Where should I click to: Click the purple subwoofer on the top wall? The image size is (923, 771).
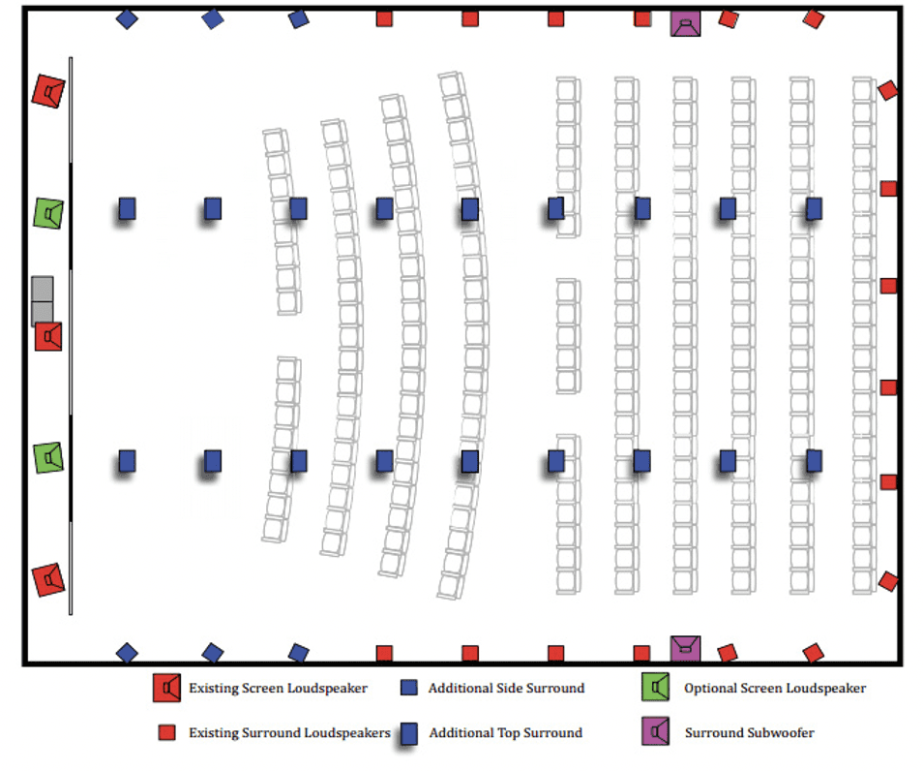click(685, 24)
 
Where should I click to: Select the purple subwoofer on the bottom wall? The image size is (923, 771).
click(685, 648)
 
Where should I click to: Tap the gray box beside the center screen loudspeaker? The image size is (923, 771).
click(42, 300)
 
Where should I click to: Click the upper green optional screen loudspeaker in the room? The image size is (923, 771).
click(48, 213)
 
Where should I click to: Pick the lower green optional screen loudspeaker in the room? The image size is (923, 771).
click(48, 457)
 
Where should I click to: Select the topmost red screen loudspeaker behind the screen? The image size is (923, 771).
click(47, 91)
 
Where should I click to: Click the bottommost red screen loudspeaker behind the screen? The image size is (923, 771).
click(47, 579)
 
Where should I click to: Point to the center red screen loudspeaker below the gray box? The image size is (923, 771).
click(48, 336)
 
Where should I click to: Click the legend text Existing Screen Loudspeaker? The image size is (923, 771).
click(278, 689)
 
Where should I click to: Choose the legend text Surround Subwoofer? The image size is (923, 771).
click(749, 733)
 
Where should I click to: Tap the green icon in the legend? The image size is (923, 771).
click(657, 688)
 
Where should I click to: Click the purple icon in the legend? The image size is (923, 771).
click(657, 733)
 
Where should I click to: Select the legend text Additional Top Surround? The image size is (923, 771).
click(505, 733)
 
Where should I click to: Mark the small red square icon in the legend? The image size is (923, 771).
click(166, 733)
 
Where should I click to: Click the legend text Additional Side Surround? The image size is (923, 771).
click(506, 689)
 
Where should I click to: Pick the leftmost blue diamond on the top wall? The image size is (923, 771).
click(127, 18)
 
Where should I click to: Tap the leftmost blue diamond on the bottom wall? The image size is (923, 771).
click(127, 653)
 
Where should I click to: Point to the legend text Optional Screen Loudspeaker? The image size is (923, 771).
click(774, 689)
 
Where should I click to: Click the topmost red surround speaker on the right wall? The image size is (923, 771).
click(887, 90)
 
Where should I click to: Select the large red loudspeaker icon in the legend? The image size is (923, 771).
click(167, 688)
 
